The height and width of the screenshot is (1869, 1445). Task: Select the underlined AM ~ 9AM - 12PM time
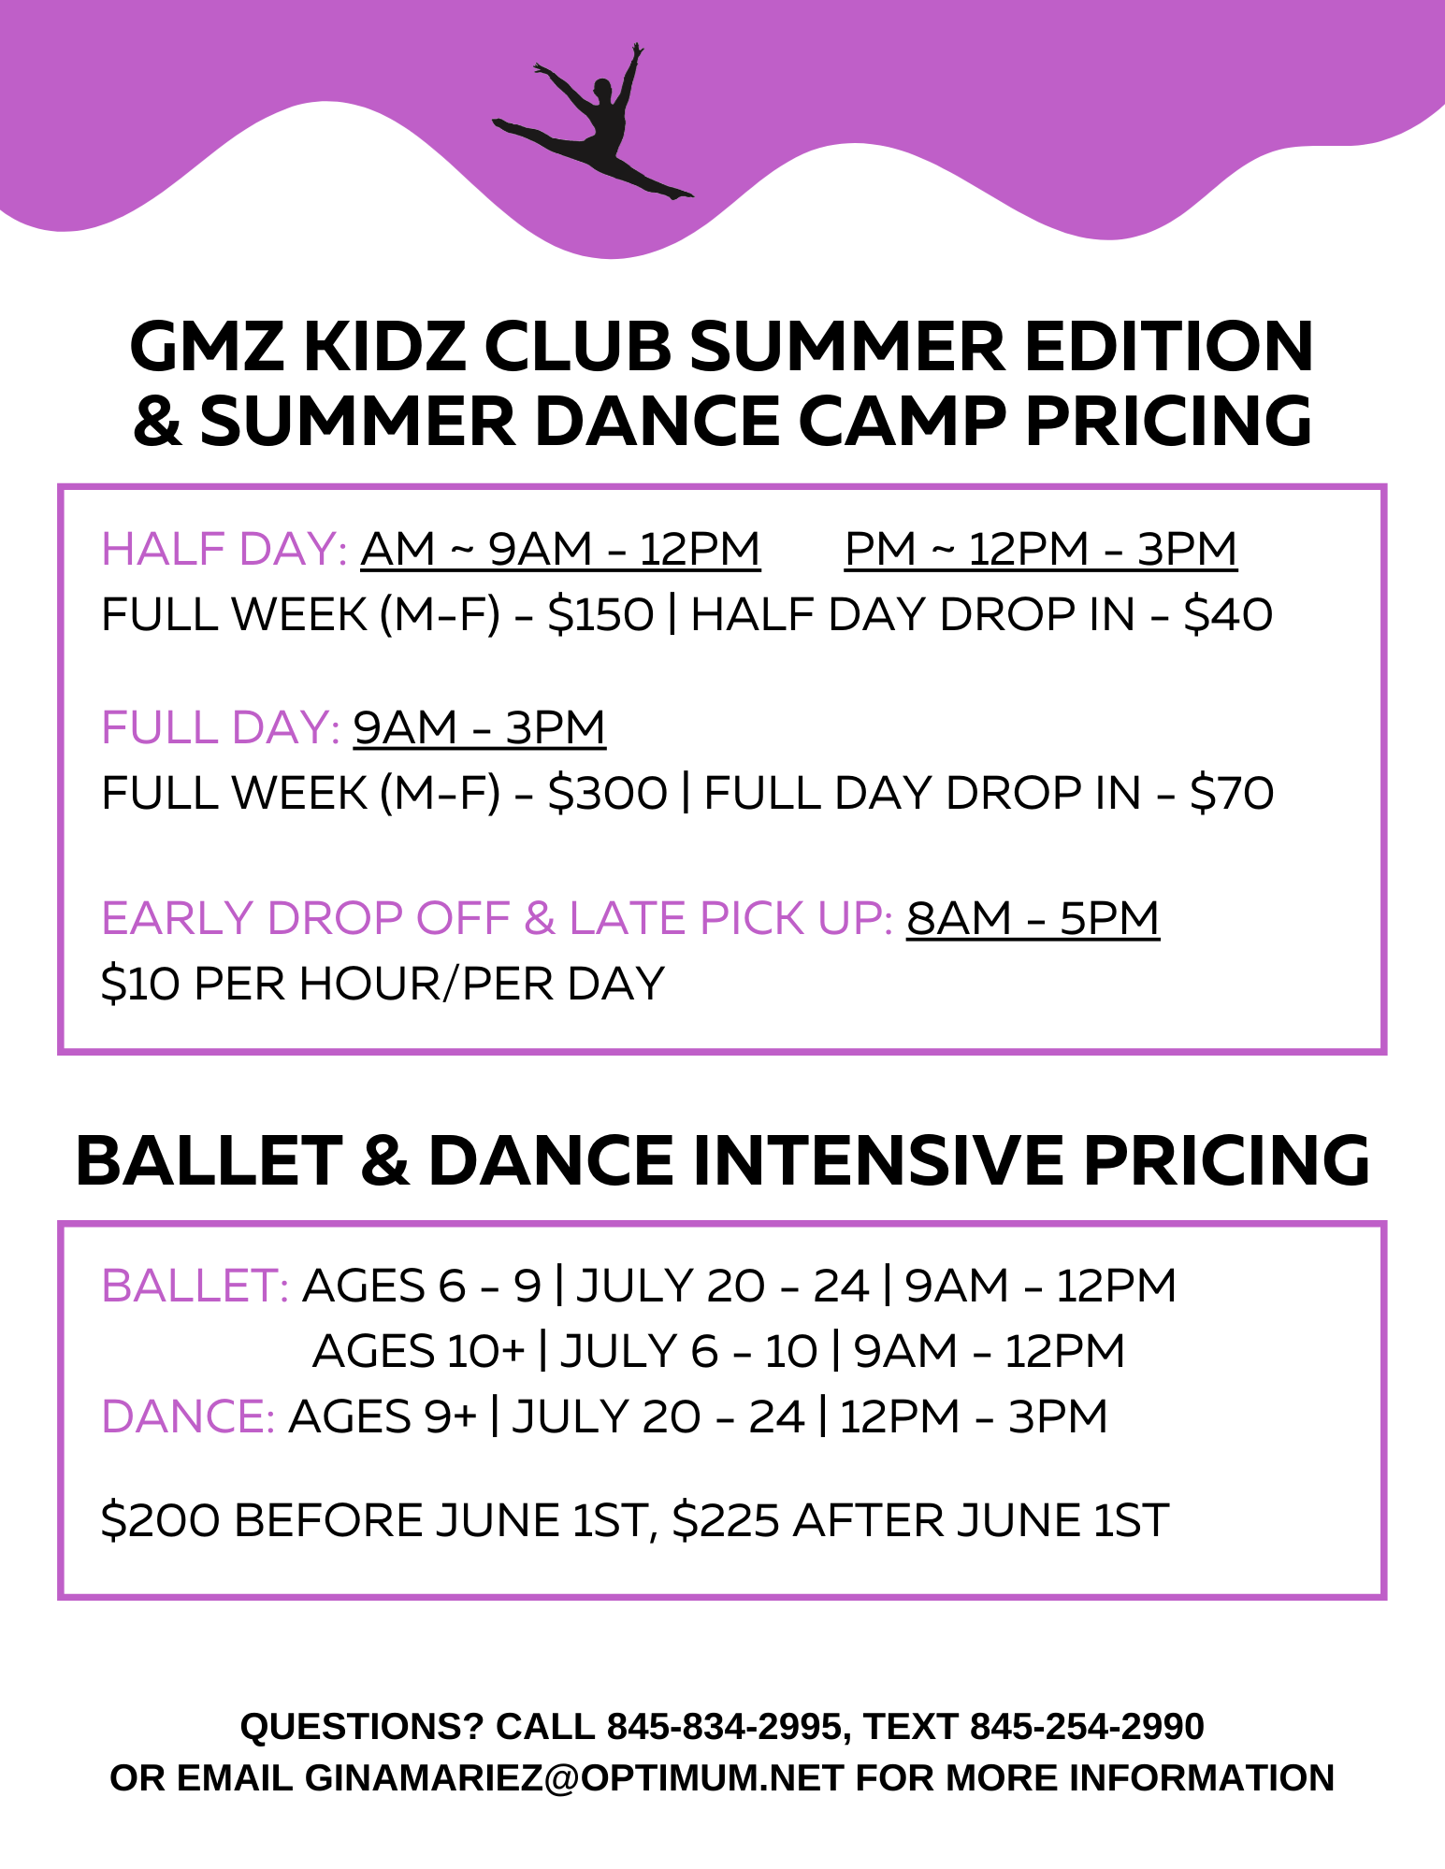point(560,549)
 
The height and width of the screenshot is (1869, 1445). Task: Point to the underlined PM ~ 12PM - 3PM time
point(1040,549)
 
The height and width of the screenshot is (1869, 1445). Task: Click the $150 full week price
point(600,615)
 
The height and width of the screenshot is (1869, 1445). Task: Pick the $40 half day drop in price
point(1228,615)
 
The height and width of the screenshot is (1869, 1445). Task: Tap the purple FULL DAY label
point(221,727)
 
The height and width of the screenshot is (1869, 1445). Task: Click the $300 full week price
point(607,794)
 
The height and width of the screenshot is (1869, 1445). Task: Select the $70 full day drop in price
point(1232,794)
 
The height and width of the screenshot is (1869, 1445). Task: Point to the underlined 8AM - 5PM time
point(1033,918)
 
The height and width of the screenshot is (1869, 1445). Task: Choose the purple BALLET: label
point(195,1286)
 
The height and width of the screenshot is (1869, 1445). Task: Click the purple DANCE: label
point(188,1416)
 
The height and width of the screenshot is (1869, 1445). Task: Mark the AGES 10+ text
point(419,1351)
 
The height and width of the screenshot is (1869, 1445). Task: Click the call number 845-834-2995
point(725,1727)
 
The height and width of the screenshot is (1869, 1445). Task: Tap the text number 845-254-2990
point(1087,1727)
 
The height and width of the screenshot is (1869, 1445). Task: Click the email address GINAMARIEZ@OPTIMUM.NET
point(574,1778)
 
